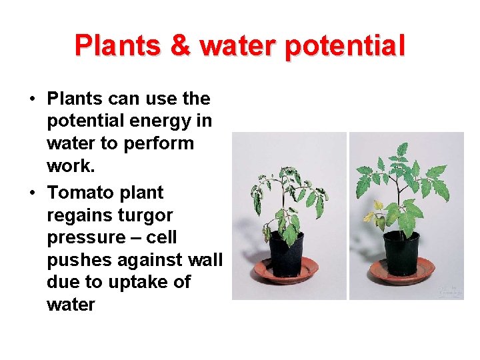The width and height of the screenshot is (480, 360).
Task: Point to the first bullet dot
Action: (32, 100)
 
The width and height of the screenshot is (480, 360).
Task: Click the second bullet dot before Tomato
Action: (32, 193)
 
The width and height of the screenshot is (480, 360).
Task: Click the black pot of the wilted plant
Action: (286, 253)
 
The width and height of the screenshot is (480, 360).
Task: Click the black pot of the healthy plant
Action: (402, 252)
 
